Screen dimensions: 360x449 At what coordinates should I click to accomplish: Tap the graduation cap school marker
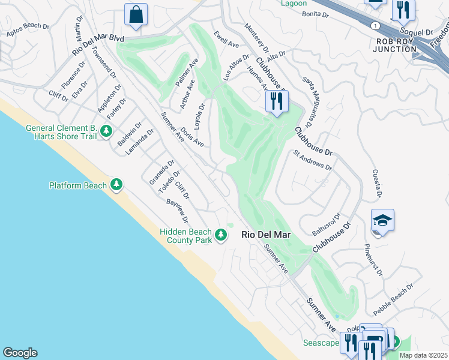pyautogui.click(x=382, y=221)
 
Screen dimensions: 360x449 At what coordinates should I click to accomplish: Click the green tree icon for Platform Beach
pyautogui.click(x=116, y=185)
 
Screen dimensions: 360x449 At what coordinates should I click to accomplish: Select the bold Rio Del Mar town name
pyautogui.click(x=266, y=235)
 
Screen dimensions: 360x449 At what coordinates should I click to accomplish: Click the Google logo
pyautogui.click(x=20, y=353)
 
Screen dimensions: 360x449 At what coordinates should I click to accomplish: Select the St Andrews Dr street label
pyautogui.click(x=312, y=160)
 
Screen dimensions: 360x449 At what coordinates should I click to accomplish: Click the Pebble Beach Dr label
pyautogui.click(x=393, y=299)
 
